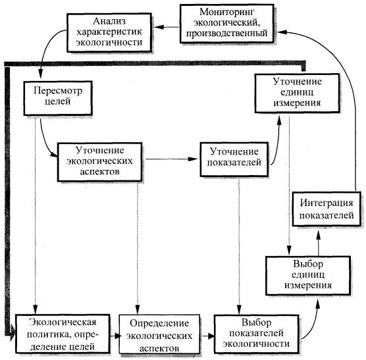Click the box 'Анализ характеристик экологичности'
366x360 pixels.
point(109,32)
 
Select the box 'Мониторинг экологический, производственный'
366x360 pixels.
point(226,24)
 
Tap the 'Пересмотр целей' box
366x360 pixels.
point(58,98)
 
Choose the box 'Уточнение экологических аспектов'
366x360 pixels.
point(99,162)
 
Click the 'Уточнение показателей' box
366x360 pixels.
point(234,159)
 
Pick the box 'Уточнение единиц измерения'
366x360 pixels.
point(297,93)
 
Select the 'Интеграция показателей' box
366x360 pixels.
point(327,209)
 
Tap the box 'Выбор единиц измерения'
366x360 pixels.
point(308,276)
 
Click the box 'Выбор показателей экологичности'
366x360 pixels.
point(257,334)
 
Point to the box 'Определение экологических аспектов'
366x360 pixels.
point(159,334)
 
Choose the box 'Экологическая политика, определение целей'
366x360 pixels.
point(63,334)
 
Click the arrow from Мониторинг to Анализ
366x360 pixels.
point(167,27)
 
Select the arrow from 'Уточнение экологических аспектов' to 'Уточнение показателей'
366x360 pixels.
point(172,159)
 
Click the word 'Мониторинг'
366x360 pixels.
point(226,12)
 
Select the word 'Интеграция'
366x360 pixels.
point(327,203)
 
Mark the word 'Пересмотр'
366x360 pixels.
point(58,91)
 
